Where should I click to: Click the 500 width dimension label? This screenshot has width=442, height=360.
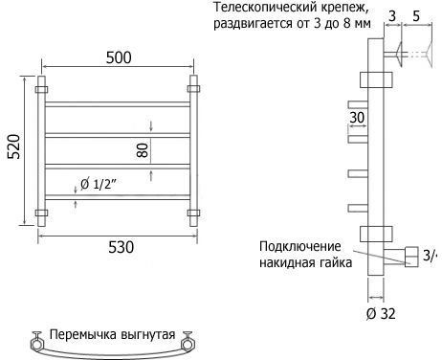tap(119, 57)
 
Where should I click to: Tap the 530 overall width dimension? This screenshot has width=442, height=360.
tap(121, 247)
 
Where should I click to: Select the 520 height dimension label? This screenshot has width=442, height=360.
tap(14, 146)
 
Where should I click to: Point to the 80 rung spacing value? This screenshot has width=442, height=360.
tap(143, 150)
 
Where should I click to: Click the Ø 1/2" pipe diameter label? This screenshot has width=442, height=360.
tap(99, 184)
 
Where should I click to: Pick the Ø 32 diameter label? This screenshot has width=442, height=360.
tap(381, 314)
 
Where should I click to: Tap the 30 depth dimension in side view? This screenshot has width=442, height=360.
tap(357, 118)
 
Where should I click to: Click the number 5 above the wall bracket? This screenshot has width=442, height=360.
tap(416, 16)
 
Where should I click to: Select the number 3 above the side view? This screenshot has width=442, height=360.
tap(392, 16)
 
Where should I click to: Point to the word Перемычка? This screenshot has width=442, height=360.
tap(83, 334)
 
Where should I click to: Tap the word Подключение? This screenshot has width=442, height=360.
tap(300, 247)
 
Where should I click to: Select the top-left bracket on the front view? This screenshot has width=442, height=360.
tap(41, 89)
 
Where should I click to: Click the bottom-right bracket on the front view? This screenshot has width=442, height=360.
tap(193, 213)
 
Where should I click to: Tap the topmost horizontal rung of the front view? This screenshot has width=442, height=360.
tap(118, 104)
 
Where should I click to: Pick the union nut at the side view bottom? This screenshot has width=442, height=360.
tap(411, 257)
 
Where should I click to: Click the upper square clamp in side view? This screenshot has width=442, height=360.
tap(376, 79)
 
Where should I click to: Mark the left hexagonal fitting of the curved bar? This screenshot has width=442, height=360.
tap(36, 346)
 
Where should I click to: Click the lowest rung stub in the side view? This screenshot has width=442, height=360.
tap(358, 209)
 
